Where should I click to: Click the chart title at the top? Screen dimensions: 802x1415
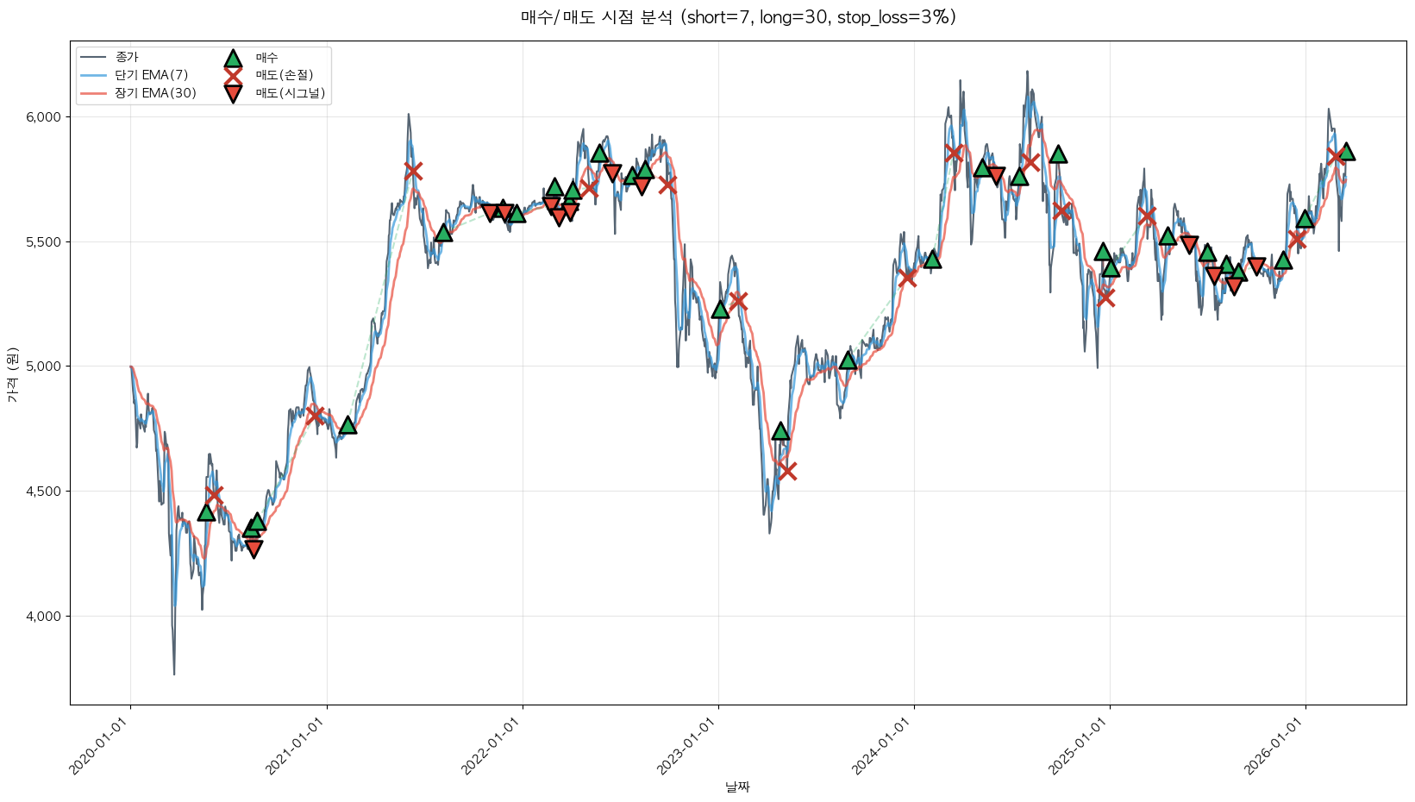point(738,17)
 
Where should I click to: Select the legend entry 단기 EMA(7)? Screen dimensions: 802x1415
point(151,75)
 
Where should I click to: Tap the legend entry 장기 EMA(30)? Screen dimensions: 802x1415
point(155,93)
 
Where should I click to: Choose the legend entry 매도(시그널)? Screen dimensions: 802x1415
point(290,93)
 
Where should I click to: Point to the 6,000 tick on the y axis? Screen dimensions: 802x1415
point(43,117)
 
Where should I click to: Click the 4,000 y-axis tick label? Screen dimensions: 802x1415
point(43,617)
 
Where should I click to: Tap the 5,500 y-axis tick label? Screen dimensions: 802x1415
point(43,242)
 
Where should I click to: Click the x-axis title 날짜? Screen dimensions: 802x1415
point(738,786)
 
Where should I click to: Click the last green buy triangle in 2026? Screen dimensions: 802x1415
point(1346,152)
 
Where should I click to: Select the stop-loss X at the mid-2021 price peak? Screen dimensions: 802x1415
point(413,171)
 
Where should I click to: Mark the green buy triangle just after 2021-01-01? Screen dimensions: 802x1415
point(347,425)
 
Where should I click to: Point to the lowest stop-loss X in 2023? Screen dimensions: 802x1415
point(786,471)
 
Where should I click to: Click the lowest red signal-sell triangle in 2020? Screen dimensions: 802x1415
point(254,549)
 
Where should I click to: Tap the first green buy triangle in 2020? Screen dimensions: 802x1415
point(206,512)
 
